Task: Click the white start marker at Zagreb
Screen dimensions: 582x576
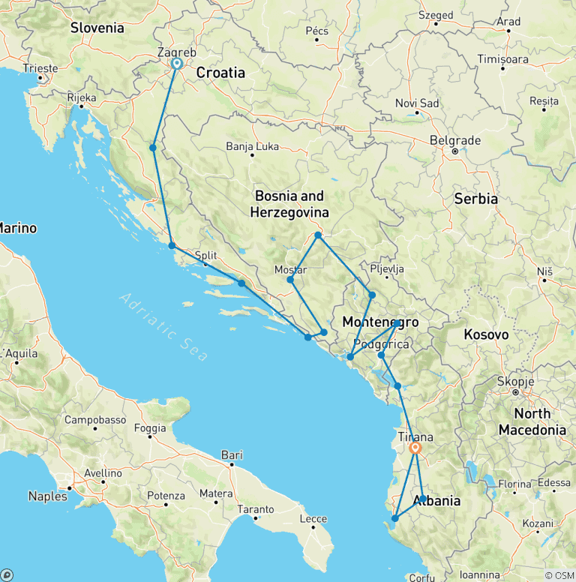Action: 177,64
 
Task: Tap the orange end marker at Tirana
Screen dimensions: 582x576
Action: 415,448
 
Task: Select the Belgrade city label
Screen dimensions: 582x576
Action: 455,140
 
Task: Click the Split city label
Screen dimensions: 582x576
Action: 205,255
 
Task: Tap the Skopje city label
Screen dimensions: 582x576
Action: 515,381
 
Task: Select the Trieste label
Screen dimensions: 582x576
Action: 40,68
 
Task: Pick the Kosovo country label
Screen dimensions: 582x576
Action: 486,334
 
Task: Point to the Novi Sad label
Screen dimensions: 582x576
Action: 417,103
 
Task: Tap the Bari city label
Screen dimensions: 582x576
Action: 232,454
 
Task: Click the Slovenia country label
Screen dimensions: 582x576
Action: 97,28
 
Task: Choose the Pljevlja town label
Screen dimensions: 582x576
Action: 387,268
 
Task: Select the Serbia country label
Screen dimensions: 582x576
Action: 475,199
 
